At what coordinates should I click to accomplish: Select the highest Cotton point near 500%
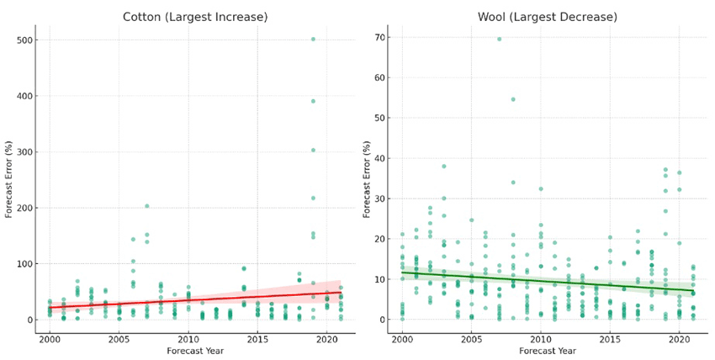point(313,39)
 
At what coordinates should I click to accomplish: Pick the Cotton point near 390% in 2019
point(313,101)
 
